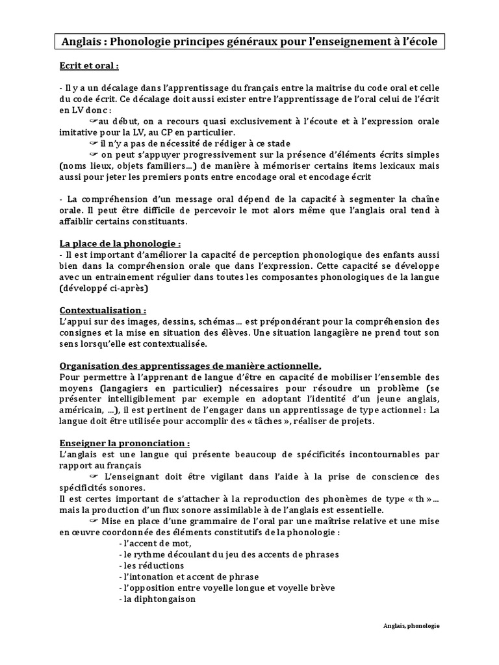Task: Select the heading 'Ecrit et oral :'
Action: [89, 66]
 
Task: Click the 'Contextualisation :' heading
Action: [103, 310]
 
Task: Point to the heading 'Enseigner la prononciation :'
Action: [125, 442]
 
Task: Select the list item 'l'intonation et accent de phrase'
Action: [189, 577]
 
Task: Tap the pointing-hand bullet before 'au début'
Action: [93, 121]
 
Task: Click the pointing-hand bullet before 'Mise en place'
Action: [93, 521]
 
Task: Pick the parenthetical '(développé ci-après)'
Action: [104, 288]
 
